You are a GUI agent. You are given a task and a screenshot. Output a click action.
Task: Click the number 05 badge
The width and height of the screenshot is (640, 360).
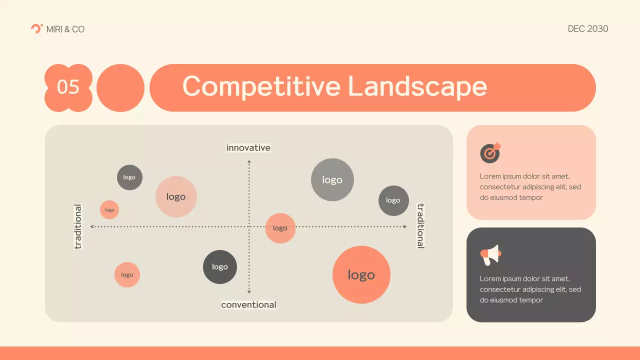tap(68, 87)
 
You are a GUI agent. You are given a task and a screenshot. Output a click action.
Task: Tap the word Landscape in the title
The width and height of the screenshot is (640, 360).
tap(417, 86)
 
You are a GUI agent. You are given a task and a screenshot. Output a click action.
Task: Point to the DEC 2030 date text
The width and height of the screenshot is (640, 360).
tap(588, 29)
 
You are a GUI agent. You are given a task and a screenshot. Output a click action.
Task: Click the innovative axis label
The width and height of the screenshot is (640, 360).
tap(248, 148)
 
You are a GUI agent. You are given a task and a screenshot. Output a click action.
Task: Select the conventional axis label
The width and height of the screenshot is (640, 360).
tap(248, 304)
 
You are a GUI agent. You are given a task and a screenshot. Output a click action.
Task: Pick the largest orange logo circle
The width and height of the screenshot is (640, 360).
tap(361, 274)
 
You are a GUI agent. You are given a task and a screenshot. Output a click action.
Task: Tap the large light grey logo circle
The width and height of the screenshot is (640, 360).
tap(332, 180)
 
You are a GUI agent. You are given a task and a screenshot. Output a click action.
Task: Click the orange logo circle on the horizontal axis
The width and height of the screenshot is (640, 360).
tap(280, 228)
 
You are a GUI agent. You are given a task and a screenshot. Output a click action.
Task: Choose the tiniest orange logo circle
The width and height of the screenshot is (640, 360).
tap(109, 210)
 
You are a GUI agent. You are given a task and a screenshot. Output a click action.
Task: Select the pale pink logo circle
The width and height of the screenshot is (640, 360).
tap(176, 196)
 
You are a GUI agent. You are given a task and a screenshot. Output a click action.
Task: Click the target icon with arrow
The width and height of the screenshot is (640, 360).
tap(490, 153)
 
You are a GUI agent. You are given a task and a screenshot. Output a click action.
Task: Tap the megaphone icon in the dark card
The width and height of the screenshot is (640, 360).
tap(490, 255)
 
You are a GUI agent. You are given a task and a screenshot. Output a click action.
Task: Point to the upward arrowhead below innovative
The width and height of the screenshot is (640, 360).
tap(249, 162)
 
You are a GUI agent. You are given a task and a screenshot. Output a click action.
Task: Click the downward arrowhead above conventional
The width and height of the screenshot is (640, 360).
tap(249, 291)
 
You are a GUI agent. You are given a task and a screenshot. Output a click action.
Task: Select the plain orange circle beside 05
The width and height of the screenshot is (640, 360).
tap(120, 87)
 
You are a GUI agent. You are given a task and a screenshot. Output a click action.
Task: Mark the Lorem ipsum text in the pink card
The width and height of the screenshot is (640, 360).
tap(530, 187)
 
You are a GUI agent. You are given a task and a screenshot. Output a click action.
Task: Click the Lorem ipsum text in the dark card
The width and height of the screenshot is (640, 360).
tap(530, 289)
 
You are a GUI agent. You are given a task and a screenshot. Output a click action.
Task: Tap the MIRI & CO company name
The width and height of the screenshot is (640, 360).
tap(65, 29)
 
